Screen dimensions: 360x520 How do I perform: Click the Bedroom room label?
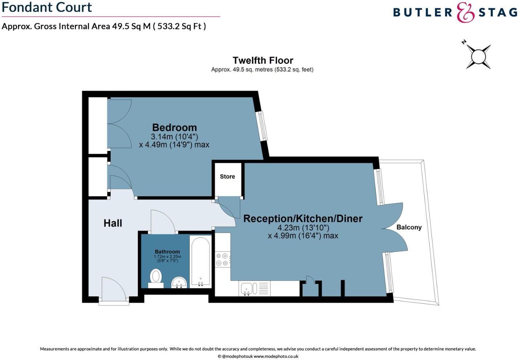tap(174, 128)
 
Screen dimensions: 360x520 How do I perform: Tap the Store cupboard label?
tap(227, 177)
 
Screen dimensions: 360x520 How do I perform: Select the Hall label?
tap(112, 223)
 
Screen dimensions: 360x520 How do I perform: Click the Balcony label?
tap(409, 227)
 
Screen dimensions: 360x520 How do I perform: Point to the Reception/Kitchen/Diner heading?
tap(303, 219)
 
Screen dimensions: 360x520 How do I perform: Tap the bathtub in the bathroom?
tap(200, 261)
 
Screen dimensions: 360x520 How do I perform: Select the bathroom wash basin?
tap(179, 282)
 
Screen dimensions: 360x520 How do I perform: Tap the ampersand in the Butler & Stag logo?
tap(465, 13)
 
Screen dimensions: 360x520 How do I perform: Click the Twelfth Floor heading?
tap(263, 60)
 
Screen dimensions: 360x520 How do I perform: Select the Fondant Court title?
tap(47, 7)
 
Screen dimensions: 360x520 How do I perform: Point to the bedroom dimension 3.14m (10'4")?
tap(174, 137)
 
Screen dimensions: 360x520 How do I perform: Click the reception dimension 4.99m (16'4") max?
tap(303, 236)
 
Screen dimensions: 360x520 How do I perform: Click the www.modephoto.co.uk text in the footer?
tap(276, 356)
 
